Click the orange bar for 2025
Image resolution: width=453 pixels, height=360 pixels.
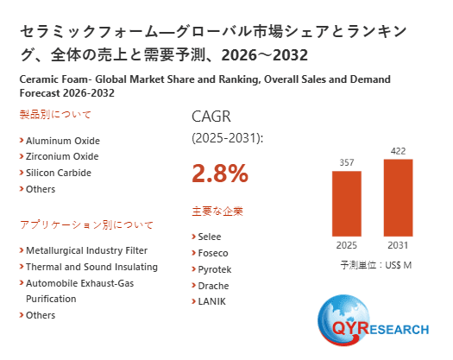tap(346, 203)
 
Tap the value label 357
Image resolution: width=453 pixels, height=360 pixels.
tap(346, 162)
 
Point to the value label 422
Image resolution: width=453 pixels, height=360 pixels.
tap(399, 150)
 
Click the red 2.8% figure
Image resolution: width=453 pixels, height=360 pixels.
tap(219, 174)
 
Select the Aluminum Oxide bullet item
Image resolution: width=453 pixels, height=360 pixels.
tap(62, 141)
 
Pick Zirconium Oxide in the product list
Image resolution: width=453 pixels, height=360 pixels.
tap(62, 156)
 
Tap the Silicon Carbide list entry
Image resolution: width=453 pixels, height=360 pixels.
tap(58, 173)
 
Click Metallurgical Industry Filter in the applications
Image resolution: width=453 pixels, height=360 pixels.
tap(87, 250)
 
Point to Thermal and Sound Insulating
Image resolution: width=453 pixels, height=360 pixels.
tap(91, 267)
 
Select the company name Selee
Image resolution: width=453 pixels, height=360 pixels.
tap(211, 237)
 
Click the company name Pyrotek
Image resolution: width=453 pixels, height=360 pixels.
tap(215, 269)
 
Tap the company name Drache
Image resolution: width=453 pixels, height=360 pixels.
tap(214, 285)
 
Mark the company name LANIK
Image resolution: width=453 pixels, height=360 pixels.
tap(212, 301)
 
